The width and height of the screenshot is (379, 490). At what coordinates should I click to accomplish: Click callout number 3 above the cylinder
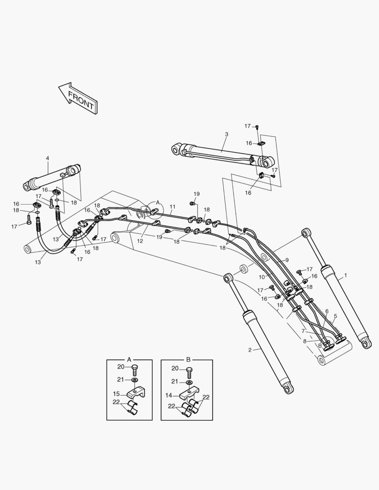click(226, 134)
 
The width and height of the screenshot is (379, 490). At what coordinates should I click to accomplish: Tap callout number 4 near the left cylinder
click(47, 158)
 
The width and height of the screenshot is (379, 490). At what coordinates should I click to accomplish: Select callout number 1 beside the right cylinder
click(345, 275)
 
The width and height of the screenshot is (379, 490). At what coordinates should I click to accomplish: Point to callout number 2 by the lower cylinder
click(250, 349)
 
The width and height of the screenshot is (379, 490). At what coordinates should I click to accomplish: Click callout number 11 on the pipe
click(172, 206)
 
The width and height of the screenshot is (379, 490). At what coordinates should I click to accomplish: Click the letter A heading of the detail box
click(129, 359)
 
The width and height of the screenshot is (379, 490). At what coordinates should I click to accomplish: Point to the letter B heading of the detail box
click(188, 359)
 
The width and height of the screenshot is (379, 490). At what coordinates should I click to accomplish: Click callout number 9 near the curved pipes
click(287, 260)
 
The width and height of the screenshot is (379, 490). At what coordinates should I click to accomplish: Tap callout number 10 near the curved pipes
click(262, 277)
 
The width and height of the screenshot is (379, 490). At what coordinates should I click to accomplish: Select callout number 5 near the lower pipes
click(335, 316)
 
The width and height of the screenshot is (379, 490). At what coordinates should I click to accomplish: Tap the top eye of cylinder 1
click(306, 233)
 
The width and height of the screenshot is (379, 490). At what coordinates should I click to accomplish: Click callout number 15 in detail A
click(117, 393)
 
